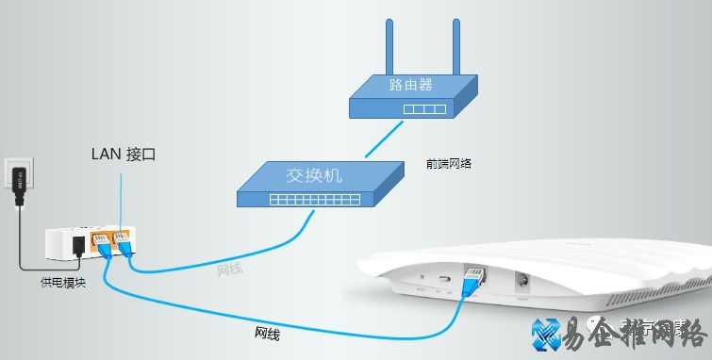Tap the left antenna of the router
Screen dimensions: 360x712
(x=389, y=47)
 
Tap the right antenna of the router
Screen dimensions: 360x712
(x=456, y=47)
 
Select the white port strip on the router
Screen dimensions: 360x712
(x=423, y=109)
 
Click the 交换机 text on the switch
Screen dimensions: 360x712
(x=313, y=175)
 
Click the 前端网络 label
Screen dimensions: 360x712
(x=449, y=163)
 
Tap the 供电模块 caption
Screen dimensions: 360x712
(x=63, y=282)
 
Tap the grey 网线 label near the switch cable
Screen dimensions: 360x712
(x=229, y=270)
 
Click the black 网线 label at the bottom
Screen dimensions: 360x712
(x=267, y=333)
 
